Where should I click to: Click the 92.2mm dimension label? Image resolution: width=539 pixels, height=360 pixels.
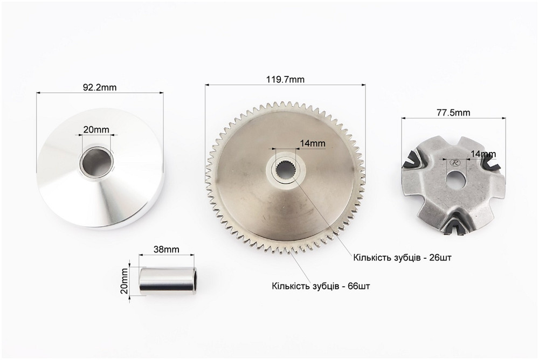coord(100,87)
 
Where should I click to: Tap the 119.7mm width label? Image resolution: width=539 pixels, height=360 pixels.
coord(285,79)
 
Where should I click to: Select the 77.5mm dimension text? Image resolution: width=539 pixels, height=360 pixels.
coord(454,113)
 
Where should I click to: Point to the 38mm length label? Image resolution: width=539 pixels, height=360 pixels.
coord(166,250)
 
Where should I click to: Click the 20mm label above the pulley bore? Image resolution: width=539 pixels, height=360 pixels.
coord(96,130)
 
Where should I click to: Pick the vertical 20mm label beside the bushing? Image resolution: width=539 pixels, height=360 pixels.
coord(124,281)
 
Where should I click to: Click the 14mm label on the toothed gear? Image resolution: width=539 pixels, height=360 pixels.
coord(313,143)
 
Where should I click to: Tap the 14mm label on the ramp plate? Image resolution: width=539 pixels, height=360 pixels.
coord(483,154)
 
